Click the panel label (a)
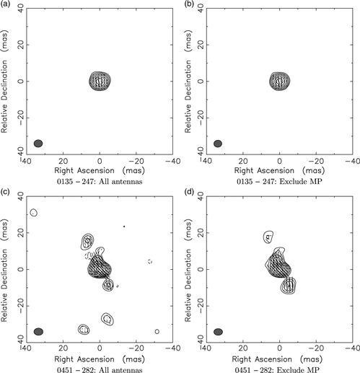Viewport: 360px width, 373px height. point(6,4)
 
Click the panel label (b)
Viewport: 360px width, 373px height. point(186,4)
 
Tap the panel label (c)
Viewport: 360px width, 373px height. point(6,193)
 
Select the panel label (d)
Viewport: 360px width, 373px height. point(186,193)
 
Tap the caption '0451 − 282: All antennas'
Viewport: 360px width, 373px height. point(100,369)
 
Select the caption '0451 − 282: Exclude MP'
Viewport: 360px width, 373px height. point(279,369)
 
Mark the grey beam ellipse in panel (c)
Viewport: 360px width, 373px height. point(38,331)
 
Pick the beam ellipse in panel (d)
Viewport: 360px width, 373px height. point(218,331)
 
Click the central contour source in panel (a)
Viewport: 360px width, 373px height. point(100,80)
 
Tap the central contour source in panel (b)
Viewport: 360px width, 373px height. point(279,80)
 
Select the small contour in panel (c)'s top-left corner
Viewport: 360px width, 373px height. point(34,212)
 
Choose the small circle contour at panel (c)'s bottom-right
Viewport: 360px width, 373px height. point(157,331)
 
